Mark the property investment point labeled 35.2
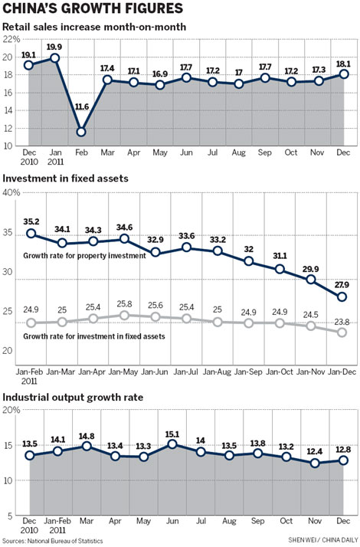(x=30, y=234)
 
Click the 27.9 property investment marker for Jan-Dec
(x=342, y=296)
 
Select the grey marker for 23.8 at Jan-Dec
(x=342, y=332)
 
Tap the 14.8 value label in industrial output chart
(x=86, y=437)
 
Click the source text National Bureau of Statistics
(x=54, y=541)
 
